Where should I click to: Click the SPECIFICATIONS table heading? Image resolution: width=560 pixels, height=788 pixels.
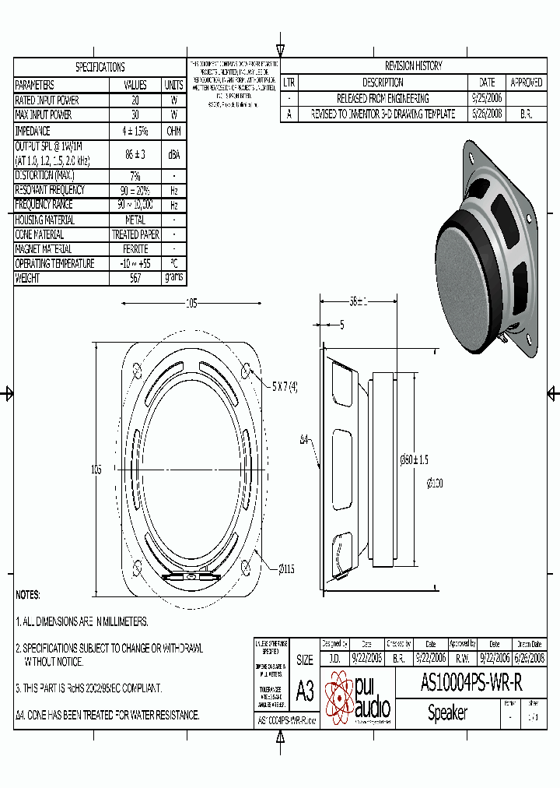pyautogui.click(x=100, y=67)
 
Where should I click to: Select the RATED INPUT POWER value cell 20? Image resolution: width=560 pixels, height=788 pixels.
pyautogui.click(x=135, y=100)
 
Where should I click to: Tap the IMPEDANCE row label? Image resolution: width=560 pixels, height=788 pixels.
pyautogui.click(x=33, y=132)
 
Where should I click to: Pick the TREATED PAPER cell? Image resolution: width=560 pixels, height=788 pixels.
pyautogui.click(x=135, y=234)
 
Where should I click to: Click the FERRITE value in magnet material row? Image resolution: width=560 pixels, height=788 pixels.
pyautogui.click(x=135, y=249)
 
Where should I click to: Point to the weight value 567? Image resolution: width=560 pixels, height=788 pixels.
pyautogui.click(x=135, y=278)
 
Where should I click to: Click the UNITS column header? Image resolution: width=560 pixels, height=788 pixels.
pyautogui.click(x=173, y=85)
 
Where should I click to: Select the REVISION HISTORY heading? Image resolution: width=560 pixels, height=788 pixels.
pyautogui.click(x=413, y=67)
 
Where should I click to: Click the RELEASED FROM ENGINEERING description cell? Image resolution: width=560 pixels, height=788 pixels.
pyautogui.click(x=382, y=99)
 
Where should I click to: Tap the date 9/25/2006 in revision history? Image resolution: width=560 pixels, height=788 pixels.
pyautogui.click(x=487, y=99)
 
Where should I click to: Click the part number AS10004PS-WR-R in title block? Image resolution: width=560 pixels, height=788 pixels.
pyautogui.click(x=471, y=683)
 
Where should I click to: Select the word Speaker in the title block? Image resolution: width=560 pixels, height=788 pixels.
pyautogui.click(x=447, y=712)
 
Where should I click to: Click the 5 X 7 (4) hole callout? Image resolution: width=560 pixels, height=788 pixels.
pyautogui.click(x=285, y=387)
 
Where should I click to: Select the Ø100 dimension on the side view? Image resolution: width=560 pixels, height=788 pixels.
pyautogui.click(x=435, y=483)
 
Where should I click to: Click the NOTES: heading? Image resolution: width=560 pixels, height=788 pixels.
pyautogui.click(x=28, y=595)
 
